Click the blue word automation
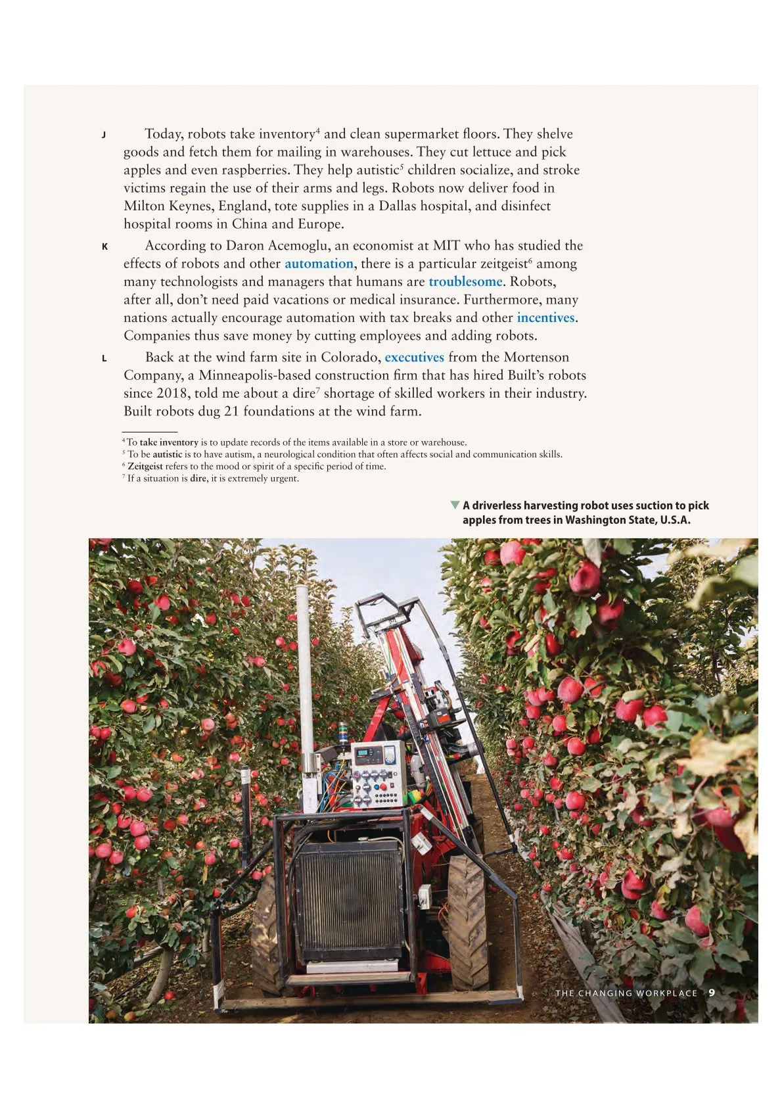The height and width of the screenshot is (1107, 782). click(x=319, y=264)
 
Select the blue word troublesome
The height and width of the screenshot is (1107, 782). click(x=465, y=282)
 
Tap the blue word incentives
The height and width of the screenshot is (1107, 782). click(x=545, y=318)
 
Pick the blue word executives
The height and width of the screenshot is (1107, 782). click(x=414, y=358)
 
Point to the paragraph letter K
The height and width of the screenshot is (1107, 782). click(x=104, y=247)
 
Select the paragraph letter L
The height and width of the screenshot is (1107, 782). click(x=104, y=359)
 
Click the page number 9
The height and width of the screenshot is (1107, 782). click(x=712, y=993)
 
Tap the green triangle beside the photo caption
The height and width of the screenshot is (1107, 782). click(x=454, y=505)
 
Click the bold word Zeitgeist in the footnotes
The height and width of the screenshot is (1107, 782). click(x=145, y=466)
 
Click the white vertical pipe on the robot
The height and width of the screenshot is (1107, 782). click(x=305, y=677)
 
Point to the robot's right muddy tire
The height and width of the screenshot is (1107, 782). click(x=467, y=920)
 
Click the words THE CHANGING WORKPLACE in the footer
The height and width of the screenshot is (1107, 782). click(x=626, y=993)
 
